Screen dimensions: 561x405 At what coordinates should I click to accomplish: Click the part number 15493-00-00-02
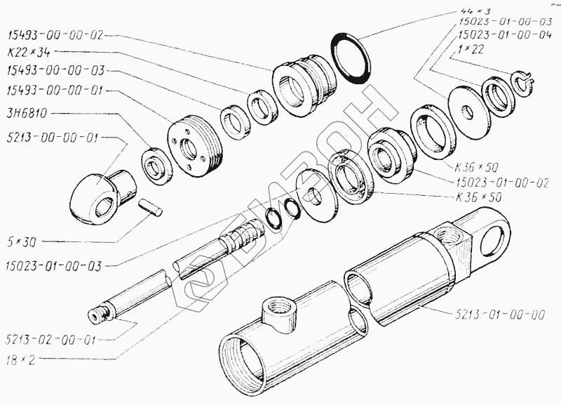55,36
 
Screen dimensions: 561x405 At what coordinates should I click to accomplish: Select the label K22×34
29,53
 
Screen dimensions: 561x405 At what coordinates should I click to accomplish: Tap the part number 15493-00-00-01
55,91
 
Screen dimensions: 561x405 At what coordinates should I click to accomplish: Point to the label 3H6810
27,114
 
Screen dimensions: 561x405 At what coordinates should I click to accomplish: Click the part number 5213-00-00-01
52,138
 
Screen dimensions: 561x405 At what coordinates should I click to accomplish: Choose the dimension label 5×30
22,242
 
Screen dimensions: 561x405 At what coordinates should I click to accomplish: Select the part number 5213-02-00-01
51,340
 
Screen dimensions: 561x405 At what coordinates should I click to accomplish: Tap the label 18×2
21,359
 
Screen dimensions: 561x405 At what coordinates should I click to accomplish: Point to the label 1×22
471,49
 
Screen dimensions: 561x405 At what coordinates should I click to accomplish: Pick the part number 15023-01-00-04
504,36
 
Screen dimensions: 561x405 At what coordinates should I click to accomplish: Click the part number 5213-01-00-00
500,314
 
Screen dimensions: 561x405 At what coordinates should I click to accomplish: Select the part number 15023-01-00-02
502,182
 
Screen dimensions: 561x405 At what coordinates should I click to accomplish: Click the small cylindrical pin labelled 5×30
150,207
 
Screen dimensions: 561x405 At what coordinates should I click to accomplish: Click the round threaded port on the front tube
280,312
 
